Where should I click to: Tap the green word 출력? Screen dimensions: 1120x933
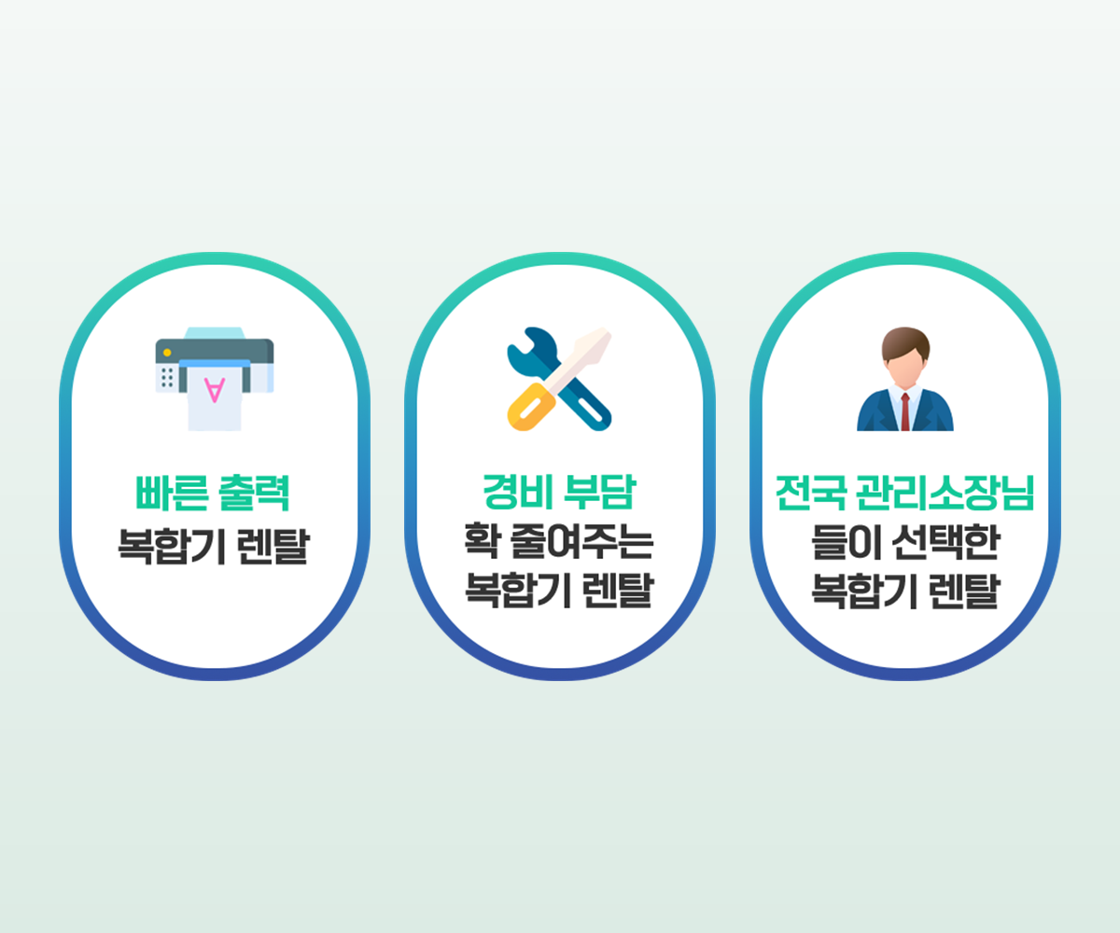(x=254, y=493)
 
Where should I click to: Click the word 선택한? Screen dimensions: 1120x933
(x=945, y=542)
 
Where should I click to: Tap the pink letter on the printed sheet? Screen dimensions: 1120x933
(x=215, y=390)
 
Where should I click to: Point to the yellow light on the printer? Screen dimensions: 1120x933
(x=167, y=353)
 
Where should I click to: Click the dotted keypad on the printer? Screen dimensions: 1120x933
(x=167, y=378)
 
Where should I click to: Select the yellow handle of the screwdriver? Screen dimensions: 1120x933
(x=531, y=407)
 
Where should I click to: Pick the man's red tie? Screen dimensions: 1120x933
(x=905, y=411)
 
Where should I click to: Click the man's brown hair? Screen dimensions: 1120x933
(x=905, y=342)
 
